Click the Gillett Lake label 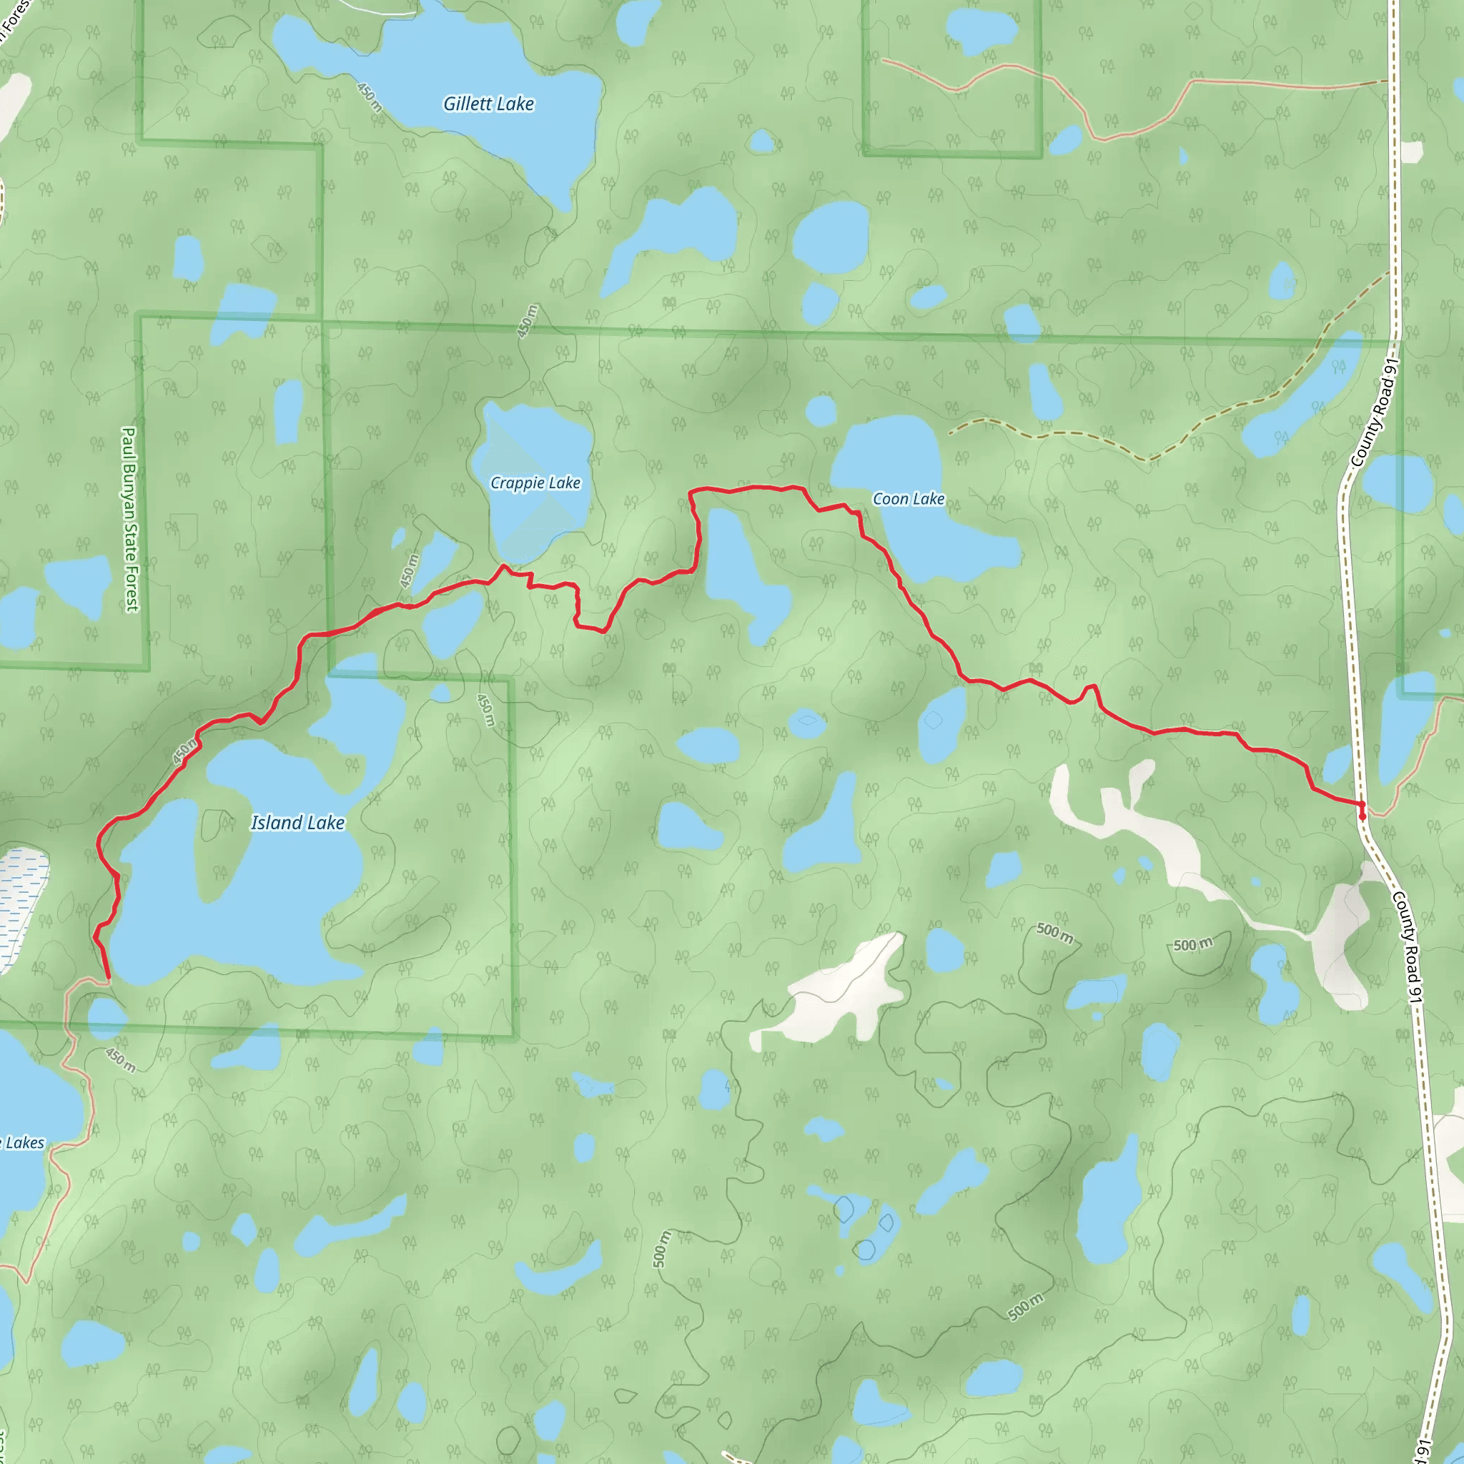point(489,104)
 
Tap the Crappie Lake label point(535,483)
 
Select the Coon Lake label point(909,499)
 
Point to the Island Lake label point(298,823)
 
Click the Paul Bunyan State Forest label point(129,519)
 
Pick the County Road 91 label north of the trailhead point(1372,413)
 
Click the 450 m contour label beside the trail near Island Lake point(185,752)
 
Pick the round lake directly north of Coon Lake point(821,411)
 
